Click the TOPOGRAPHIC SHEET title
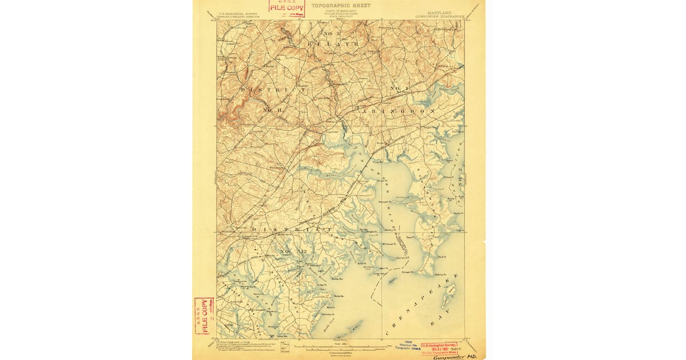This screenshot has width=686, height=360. (x=341, y=5)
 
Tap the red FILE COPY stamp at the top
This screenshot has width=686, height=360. (x=287, y=7)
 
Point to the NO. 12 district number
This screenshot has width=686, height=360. (x=289, y=252)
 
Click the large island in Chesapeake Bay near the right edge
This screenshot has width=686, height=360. (x=450, y=290)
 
